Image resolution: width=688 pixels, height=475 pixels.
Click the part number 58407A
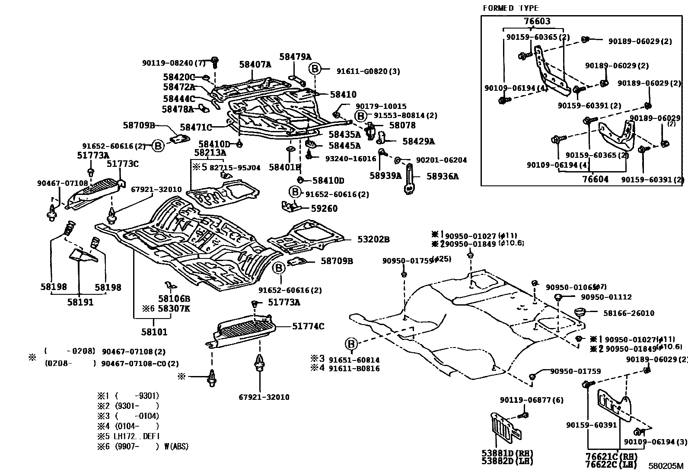pyautogui.click(x=255, y=65)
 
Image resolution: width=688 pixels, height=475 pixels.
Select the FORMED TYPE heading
pyautogui.click(x=510, y=8)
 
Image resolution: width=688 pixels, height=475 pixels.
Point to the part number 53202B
pyautogui.click(x=373, y=239)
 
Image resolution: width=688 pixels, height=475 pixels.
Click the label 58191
pyautogui.click(x=80, y=302)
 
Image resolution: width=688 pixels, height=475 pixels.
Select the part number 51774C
pyautogui.click(x=308, y=326)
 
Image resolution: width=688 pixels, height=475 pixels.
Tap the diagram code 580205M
pyautogui.click(x=666, y=466)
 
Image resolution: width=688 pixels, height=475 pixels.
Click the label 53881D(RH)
pyautogui.click(x=507, y=453)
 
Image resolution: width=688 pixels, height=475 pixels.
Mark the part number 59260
pyautogui.click(x=324, y=208)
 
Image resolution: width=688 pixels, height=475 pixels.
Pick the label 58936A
pyautogui.click(x=443, y=176)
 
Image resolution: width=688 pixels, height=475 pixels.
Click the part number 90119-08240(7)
pyautogui.click(x=174, y=63)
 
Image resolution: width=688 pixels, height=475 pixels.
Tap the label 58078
pyautogui.click(x=402, y=125)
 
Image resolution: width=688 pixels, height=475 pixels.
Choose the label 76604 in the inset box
pyautogui.click(x=595, y=179)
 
